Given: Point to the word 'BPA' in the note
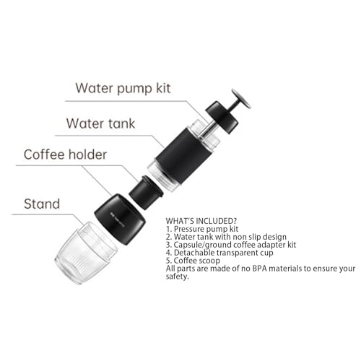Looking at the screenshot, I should pyautogui.click(x=270, y=268).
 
